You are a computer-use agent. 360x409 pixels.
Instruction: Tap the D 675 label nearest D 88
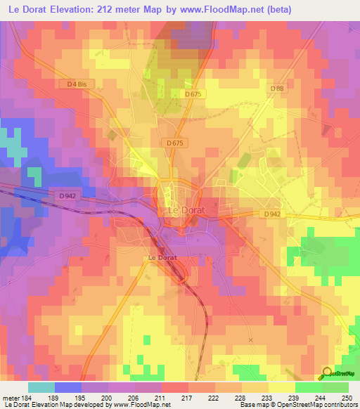click(194, 93)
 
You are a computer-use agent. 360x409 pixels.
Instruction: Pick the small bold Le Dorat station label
click(162, 258)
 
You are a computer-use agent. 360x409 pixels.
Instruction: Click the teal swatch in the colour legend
click(41, 387)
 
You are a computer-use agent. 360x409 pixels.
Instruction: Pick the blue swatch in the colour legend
click(67, 387)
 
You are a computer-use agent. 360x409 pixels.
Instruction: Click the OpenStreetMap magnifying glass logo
click(327, 373)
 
